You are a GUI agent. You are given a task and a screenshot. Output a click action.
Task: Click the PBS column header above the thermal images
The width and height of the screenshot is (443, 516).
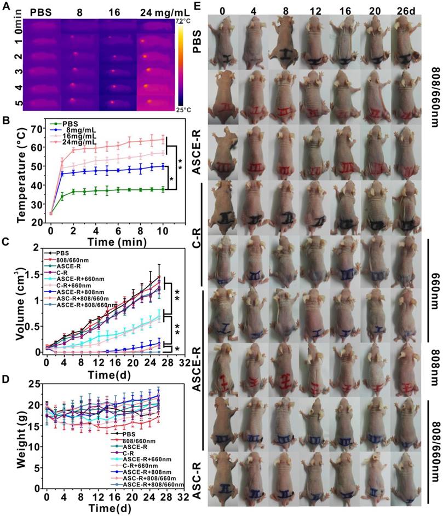pyautogui.click(x=41, y=12)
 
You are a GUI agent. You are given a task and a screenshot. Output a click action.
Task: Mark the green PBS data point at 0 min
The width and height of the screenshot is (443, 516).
pyautogui.click(x=50, y=213)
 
